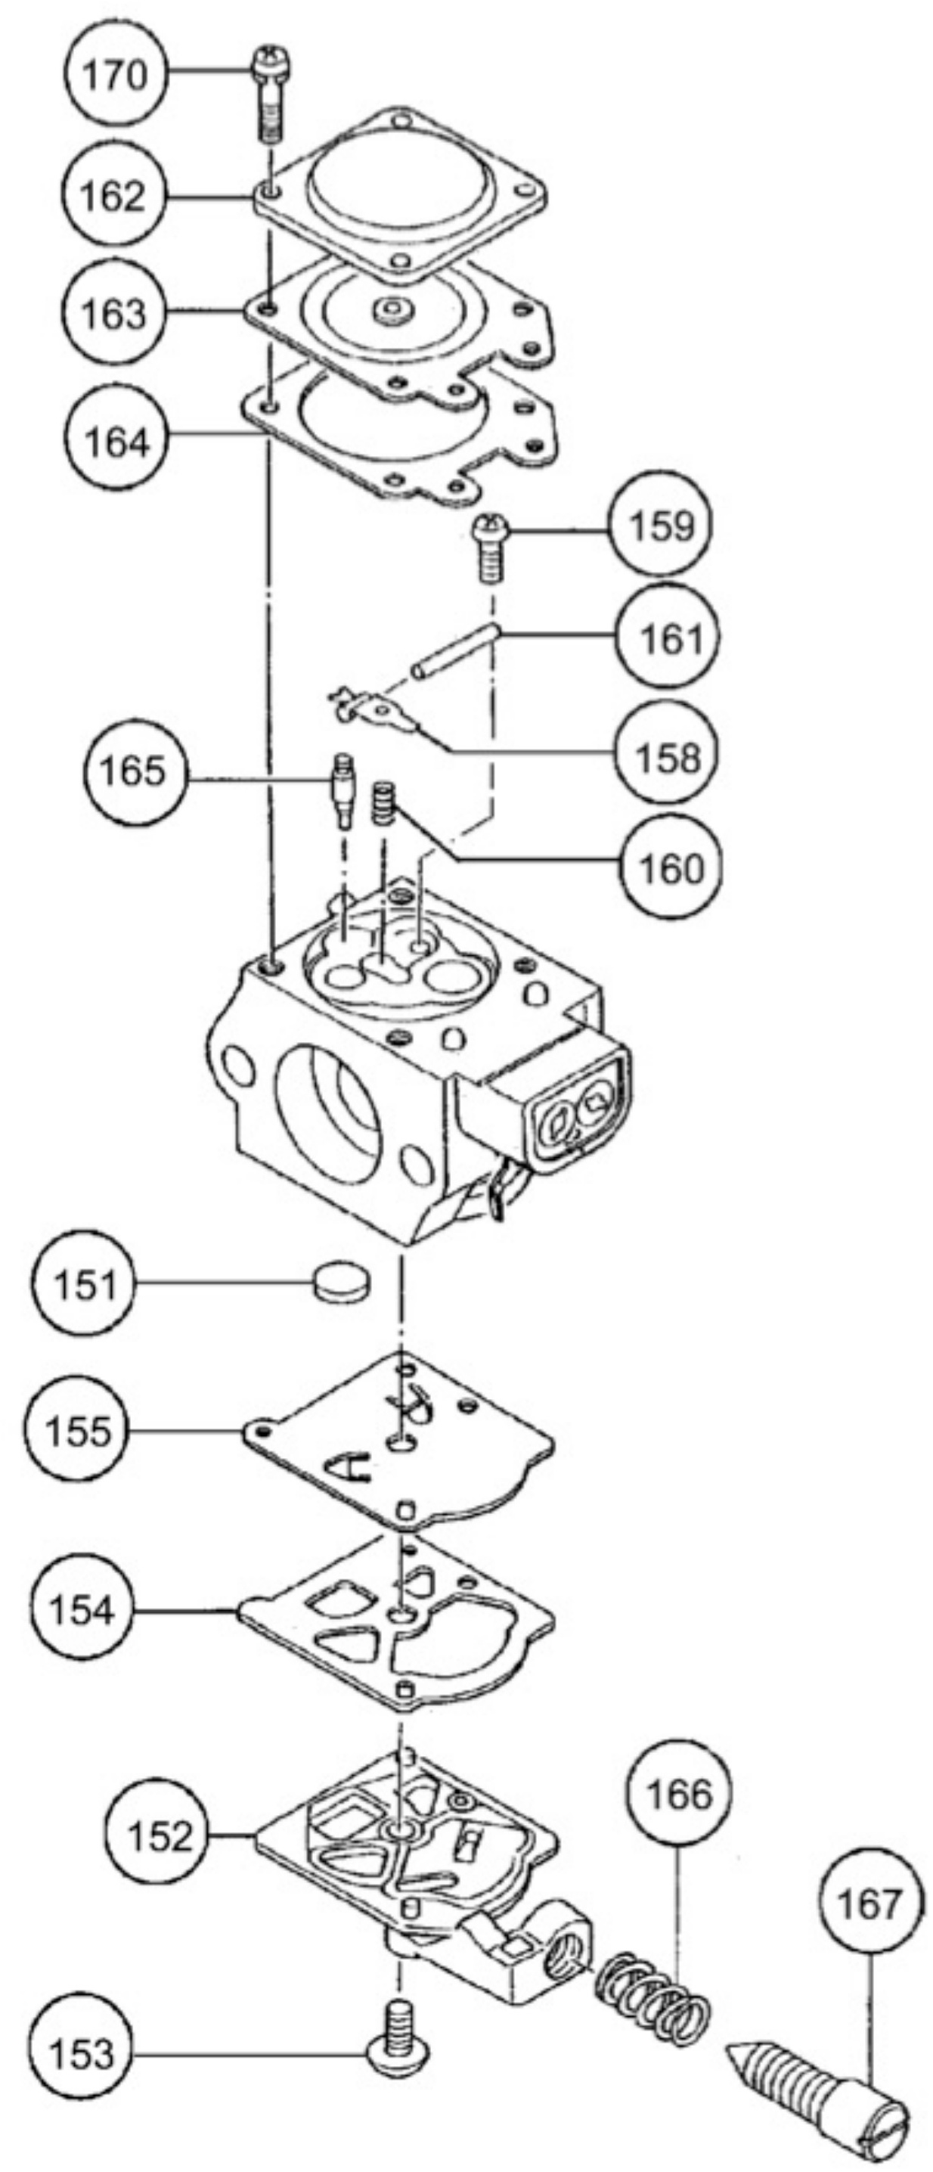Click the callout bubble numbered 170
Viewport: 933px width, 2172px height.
pyautogui.click(x=116, y=75)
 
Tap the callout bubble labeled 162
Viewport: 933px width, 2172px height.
pyautogui.click(x=113, y=196)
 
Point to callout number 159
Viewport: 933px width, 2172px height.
pyautogui.click(x=662, y=526)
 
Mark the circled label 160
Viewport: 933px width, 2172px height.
pyautogui.click(x=671, y=867)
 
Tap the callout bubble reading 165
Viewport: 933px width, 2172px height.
pyautogui.click(x=134, y=770)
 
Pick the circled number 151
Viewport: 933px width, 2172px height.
pyautogui.click(x=83, y=1283)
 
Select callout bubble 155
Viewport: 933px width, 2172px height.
pyautogui.click(x=76, y=1431)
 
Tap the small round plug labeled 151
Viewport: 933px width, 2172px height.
pyautogui.click(x=343, y=1283)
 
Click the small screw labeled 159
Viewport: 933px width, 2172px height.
pyautogui.click(x=489, y=548)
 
